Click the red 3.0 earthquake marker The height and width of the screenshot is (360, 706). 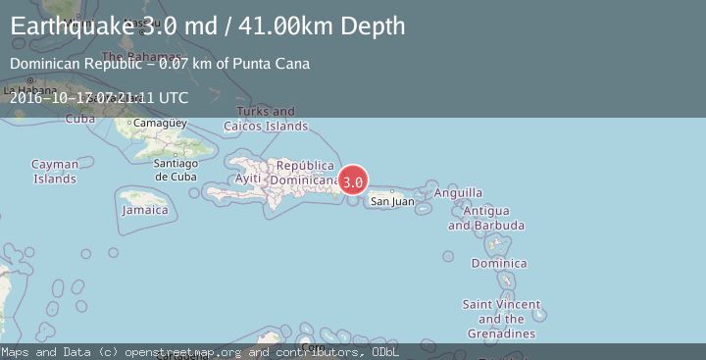click(x=353, y=180)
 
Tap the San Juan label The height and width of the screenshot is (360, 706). click(x=391, y=202)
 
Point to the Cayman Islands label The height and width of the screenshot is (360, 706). click(x=54, y=172)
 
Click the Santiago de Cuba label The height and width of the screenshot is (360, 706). click(x=176, y=170)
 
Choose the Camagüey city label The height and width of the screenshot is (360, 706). click(x=159, y=124)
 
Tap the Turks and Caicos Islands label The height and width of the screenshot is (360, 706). click(x=266, y=119)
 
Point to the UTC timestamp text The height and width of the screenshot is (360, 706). click(x=99, y=97)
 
